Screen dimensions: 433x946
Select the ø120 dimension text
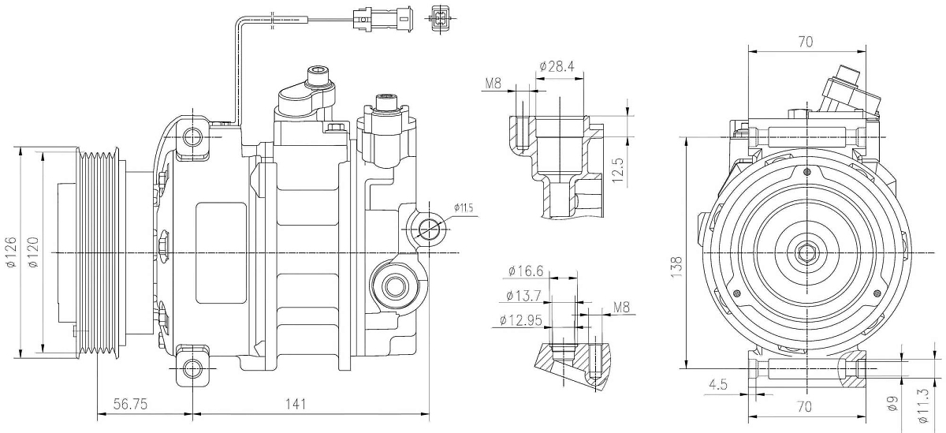point(33,253)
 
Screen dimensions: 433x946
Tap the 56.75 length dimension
point(133,404)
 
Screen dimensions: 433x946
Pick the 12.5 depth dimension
point(617,169)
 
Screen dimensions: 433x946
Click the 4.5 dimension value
point(718,384)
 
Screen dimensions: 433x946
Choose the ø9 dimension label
point(893,404)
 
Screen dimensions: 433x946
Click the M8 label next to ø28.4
point(493,83)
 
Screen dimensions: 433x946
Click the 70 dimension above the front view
point(805,43)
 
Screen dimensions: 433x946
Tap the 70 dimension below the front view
point(805,407)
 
